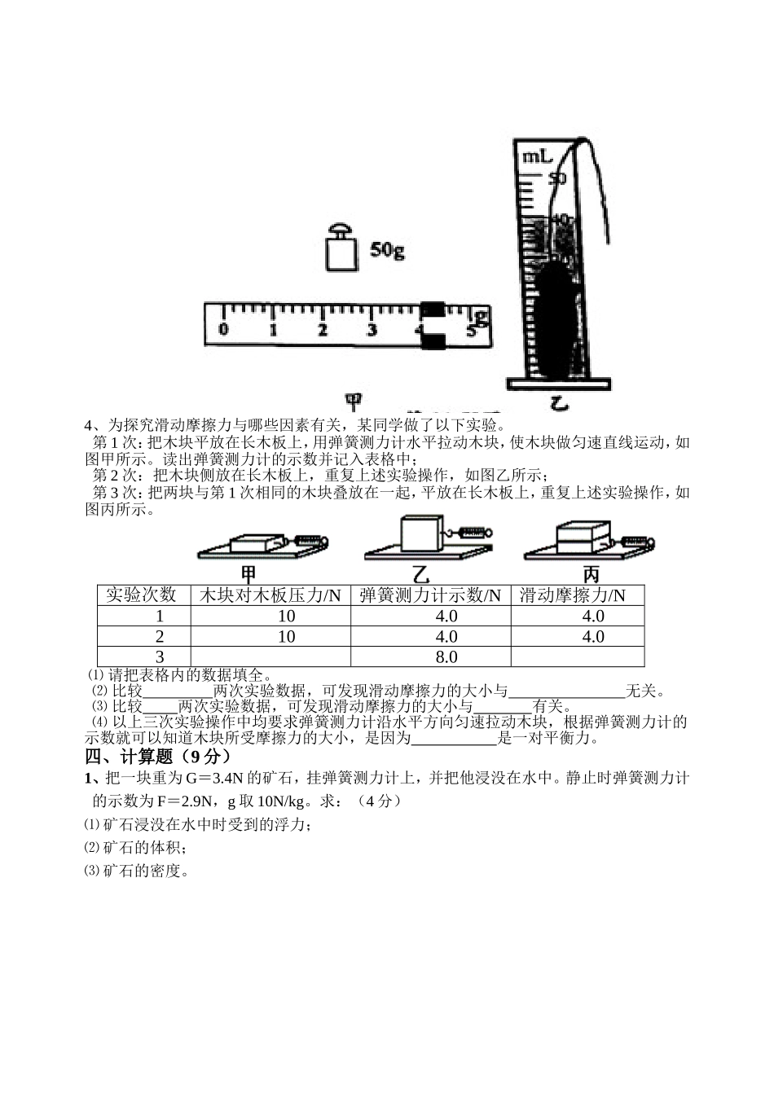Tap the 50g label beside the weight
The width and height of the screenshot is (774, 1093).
click(x=387, y=250)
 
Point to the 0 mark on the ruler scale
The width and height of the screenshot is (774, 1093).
click(x=223, y=330)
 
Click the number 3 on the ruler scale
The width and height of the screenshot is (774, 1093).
click(x=372, y=330)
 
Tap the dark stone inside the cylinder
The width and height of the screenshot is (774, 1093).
click(x=556, y=318)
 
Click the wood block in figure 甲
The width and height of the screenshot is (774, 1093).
click(x=254, y=543)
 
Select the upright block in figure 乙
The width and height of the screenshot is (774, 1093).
click(x=422, y=534)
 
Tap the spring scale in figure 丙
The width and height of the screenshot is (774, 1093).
click(x=638, y=541)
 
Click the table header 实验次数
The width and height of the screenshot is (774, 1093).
click(x=143, y=595)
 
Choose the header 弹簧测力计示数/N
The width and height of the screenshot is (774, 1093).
click(x=430, y=595)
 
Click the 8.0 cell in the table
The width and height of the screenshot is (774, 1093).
click(x=446, y=656)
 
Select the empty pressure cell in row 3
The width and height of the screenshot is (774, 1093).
click(x=270, y=656)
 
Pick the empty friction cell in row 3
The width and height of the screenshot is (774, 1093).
click(x=577, y=656)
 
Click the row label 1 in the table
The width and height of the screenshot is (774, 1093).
click(x=160, y=617)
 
